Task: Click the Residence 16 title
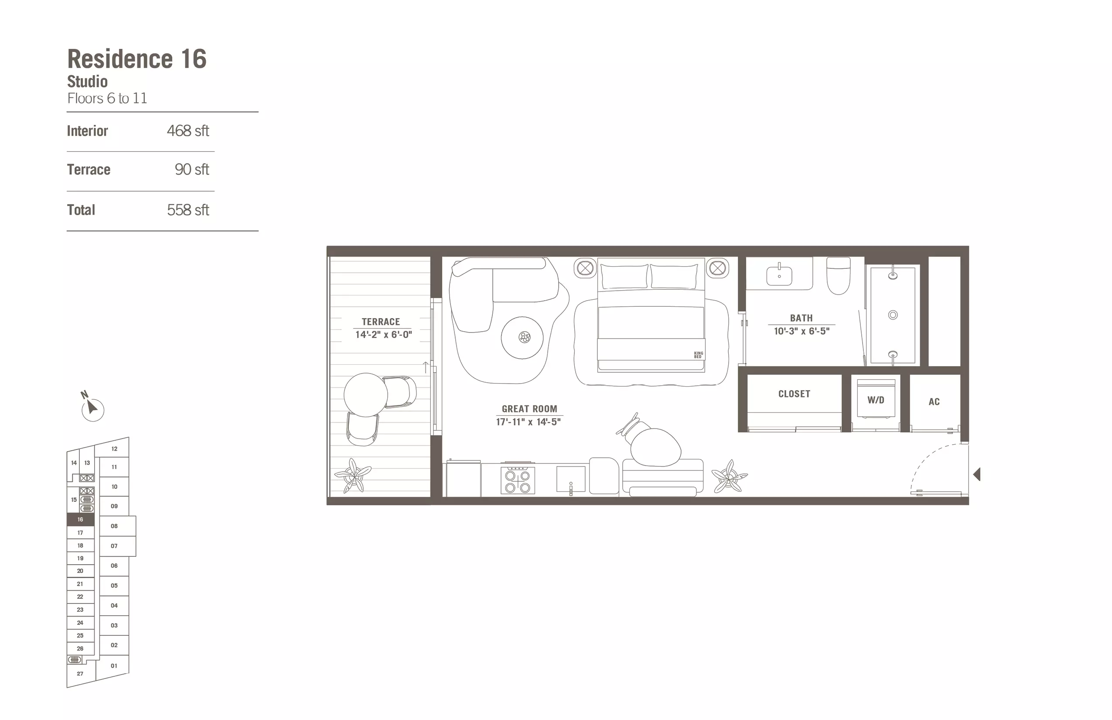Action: point(137,59)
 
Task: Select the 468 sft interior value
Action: point(188,131)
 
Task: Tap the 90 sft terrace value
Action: point(191,169)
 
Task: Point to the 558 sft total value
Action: point(188,210)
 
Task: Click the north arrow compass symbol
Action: point(92,408)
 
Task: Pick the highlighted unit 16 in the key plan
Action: point(80,519)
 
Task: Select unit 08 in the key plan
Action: point(114,526)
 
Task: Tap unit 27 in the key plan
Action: point(80,674)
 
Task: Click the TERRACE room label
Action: point(381,322)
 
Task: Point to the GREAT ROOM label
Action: point(529,408)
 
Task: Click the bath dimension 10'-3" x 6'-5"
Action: point(802,331)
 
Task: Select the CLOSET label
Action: point(794,394)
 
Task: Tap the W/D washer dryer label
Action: point(876,400)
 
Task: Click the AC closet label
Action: point(934,401)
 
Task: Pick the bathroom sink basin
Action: point(779,275)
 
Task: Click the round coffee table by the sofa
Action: point(522,338)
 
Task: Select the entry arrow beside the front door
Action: point(976,475)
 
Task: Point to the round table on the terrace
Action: point(365,394)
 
